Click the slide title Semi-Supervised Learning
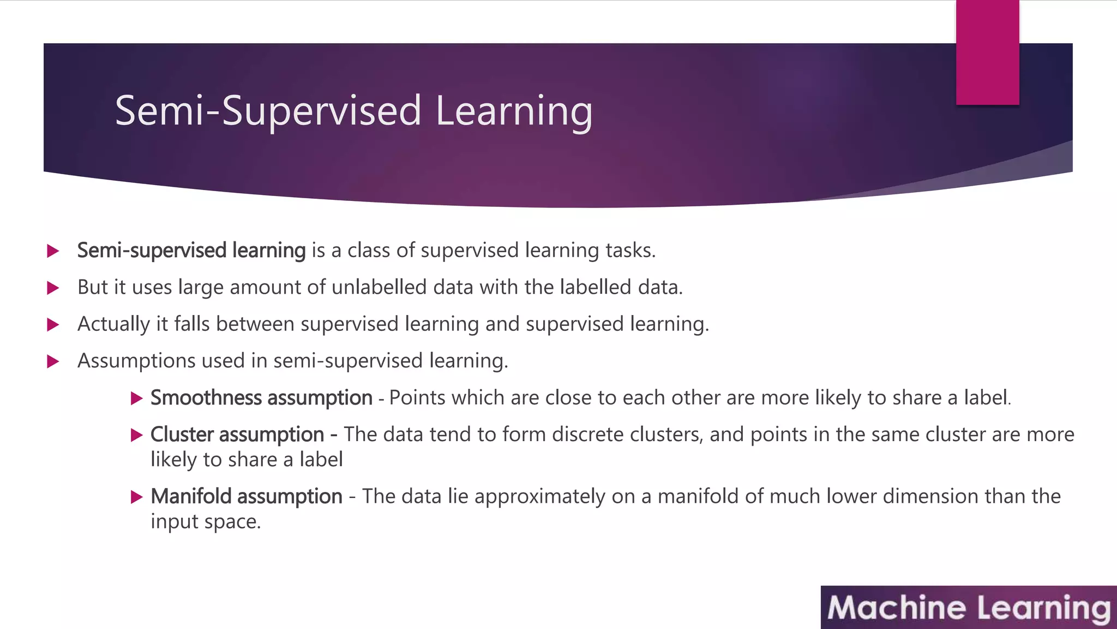click(x=353, y=111)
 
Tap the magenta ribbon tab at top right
click(x=987, y=52)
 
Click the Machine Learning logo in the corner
click(x=969, y=608)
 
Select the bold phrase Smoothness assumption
click(x=261, y=397)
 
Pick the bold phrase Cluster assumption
click(x=237, y=435)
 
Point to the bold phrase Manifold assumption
click(x=247, y=496)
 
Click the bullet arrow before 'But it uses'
click(x=53, y=288)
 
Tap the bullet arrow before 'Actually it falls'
click(x=53, y=325)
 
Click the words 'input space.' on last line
click(x=206, y=521)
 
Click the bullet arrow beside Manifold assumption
click(x=136, y=497)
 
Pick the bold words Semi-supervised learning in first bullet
click(x=191, y=250)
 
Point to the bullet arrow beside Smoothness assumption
click(x=136, y=398)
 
